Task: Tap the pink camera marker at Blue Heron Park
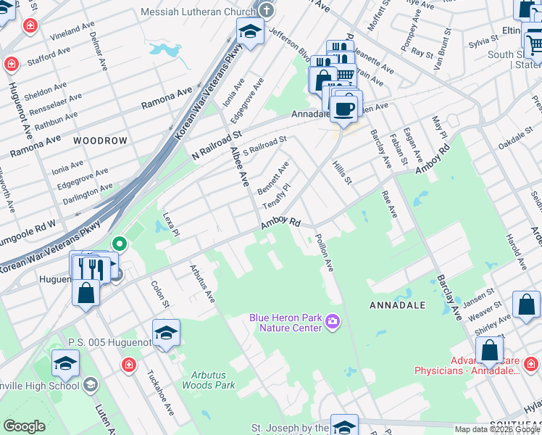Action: (x=333, y=320)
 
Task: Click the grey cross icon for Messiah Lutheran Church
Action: (x=267, y=10)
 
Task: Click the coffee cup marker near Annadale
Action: (x=343, y=109)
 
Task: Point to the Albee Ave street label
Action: (x=239, y=167)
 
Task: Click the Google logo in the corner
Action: (x=25, y=426)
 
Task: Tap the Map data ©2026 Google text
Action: (x=497, y=429)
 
